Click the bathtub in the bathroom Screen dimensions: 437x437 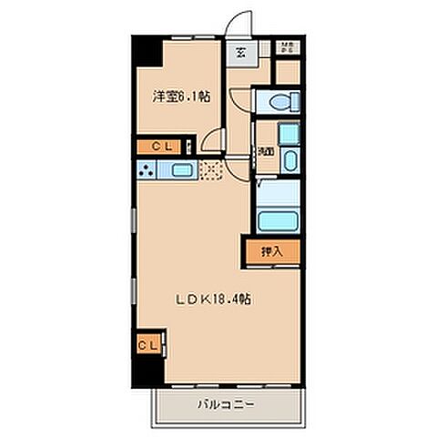coord(280,221)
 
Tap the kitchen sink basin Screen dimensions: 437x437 coord(178,169)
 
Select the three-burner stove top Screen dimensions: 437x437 coord(146,169)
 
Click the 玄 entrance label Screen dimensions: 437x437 coord(241,52)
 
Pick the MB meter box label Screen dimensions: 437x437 coord(288,48)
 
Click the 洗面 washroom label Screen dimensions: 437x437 coord(265,150)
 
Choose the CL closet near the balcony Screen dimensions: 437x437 coord(147,344)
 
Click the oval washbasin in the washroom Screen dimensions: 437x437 coord(289,163)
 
